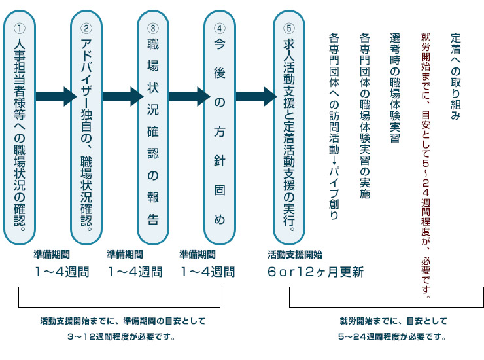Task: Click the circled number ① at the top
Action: pyautogui.click(x=20, y=28)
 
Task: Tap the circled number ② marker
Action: pyautogui.click(x=86, y=28)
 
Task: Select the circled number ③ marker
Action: pyautogui.click(x=153, y=28)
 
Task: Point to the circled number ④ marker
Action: pyautogui.click(x=220, y=28)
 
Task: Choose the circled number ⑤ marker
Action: pyautogui.click(x=289, y=28)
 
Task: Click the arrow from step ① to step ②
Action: pyautogui.click(x=56, y=96)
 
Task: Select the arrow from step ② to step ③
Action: pyautogui.click(x=122, y=96)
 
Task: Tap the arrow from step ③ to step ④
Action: pyautogui.click(x=189, y=96)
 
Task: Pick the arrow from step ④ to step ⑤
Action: pyautogui.click(x=256, y=96)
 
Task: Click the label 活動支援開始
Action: pyautogui.click(x=295, y=255)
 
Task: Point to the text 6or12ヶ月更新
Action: pyautogui.click(x=315, y=272)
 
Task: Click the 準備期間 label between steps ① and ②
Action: pyautogui.click(x=52, y=255)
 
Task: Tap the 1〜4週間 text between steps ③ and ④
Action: pyautogui.click(x=208, y=272)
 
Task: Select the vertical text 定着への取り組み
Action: pyautogui.click(x=456, y=77)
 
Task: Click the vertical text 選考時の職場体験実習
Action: pyautogui.click(x=395, y=88)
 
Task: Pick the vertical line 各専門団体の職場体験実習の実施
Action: pyautogui.click(x=364, y=116)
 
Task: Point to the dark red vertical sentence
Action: pyautogui.click(x=426, y=166)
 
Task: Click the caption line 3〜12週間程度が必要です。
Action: pyautogui.click(x=121, y=337)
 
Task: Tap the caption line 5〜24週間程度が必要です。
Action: pyautogui.click(x=392, y=337)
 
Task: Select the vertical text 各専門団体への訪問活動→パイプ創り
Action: pyautogui.click(x=334, y=126)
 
